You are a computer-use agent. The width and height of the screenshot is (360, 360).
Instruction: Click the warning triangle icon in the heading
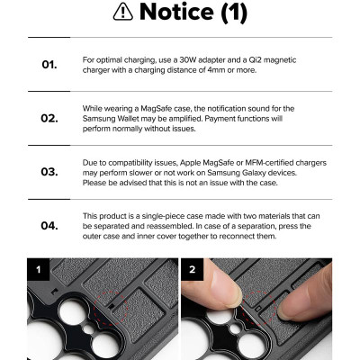tap(123, 13)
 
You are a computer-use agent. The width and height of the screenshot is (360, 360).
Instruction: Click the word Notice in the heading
tap(176, 12)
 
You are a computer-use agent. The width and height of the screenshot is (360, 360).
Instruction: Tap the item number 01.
tap(49, 65)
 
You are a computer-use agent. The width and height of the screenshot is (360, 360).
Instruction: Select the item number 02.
tap(49, 118)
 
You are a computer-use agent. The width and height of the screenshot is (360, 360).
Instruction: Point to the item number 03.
tap(49, 172)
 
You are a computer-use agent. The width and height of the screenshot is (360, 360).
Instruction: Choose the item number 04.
tap(49, 226)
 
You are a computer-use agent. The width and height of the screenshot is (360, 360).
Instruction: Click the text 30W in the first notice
tap(188, 60)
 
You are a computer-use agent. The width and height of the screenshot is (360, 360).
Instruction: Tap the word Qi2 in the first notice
tap(256, 60)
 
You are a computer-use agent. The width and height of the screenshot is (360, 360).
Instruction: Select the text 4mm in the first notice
tap(216, 70)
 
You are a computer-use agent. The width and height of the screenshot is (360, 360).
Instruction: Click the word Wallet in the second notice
tap(128, 119)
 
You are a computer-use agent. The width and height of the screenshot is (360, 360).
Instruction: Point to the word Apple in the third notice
tap(191, 163)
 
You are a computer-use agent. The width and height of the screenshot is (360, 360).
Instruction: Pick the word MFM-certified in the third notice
tap(269, 163)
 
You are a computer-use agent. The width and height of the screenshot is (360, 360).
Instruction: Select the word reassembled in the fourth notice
tap(169, 226)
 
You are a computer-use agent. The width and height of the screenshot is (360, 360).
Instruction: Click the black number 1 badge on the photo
tap(38, 269)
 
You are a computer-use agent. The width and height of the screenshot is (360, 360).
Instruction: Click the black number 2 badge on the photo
tap(192, 269)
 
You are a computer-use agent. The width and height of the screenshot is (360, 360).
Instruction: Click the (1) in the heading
tap(234, 13)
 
